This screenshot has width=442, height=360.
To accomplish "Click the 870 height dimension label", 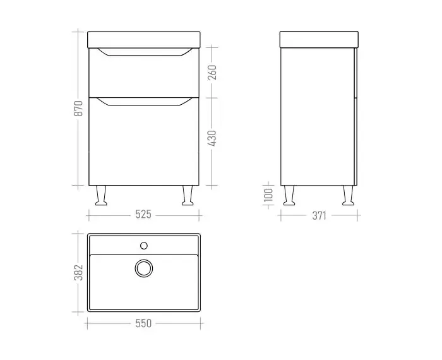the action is click(78, 108).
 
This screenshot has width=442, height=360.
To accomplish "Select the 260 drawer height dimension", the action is click(212, 72).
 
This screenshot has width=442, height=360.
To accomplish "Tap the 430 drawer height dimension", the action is click(212, 138).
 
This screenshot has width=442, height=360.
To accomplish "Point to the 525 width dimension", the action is click(143, 215).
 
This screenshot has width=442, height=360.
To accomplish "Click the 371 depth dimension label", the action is click(319, 216).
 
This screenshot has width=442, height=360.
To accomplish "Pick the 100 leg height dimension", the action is click(268, 195).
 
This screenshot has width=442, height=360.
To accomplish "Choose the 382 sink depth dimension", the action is click(78, 272).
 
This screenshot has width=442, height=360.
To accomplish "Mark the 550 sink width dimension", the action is click(143, 323).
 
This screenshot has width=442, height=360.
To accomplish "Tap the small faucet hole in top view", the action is click(144, 246).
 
